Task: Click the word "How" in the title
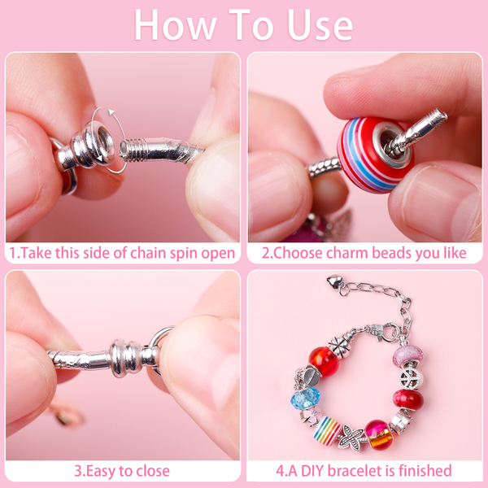tap(176, 25)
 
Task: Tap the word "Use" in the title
tap(320, 25)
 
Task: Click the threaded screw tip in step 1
tap(134, 150)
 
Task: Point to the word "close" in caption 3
tap(153, 471)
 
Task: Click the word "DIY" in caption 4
tap(312, 471)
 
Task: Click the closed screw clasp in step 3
tap(127, 358)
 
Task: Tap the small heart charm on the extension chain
tap(334, 281)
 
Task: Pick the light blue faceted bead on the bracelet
tap(305, 399)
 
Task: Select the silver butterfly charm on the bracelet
tap(351, 438)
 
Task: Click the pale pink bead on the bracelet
tap(408, 355)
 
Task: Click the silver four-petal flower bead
tap(339, 346)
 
